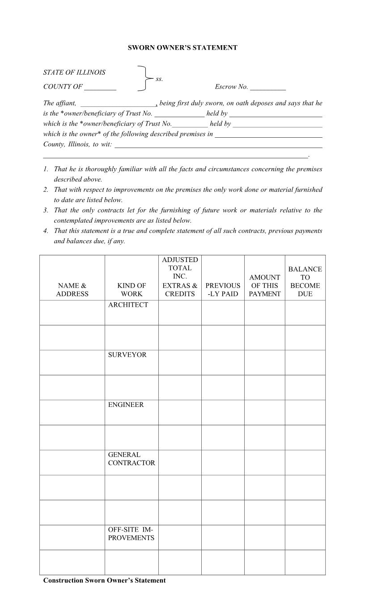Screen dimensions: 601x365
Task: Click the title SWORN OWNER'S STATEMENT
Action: (x=182, y=47)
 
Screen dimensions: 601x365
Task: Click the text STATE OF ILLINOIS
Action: (x=74, y=72)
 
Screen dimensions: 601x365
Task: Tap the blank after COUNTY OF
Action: (x=100, y=87)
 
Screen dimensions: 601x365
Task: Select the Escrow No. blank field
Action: (x=267, y=87)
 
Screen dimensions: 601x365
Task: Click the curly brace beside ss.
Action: (x=144, y=79)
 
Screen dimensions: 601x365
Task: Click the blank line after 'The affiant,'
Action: (x=118, y=103)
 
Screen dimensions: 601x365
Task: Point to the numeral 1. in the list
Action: (x=46, y=169)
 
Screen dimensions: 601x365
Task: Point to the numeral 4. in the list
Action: (x=46, y=231)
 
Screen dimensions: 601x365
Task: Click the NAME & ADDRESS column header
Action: (x=72, y=289)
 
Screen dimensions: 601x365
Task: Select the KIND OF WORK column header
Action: (x=132, y=289)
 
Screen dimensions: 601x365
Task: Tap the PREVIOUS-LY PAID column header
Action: (x=223, y=289)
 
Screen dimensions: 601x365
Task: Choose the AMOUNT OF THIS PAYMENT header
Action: (x=264, y=285)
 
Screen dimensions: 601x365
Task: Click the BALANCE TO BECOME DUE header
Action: (x=305, y=281)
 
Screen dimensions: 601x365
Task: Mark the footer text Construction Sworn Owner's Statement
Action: (x=104, y=580)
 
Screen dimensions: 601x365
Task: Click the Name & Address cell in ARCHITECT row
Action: (x=72, y=313)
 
